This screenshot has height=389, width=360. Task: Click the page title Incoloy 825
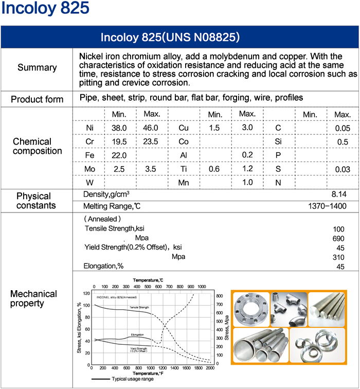tap(45, 9)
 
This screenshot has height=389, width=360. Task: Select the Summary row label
tap(37, 68)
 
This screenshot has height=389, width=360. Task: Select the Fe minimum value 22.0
tap(119, 155)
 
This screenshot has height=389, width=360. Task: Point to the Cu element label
tap(184, 128)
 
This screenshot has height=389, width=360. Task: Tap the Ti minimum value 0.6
tap(215, 169)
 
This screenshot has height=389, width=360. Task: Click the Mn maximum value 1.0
tap(247, 182)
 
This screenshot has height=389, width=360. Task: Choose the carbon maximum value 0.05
tap(342, 128)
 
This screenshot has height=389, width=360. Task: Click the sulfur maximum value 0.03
tap(342, 169)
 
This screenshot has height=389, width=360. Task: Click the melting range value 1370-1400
tap(327, 206)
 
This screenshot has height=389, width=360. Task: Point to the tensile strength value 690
tap(339, 239)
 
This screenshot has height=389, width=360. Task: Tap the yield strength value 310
tap(339, 257)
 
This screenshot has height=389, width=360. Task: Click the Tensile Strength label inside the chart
tap(139, 308)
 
